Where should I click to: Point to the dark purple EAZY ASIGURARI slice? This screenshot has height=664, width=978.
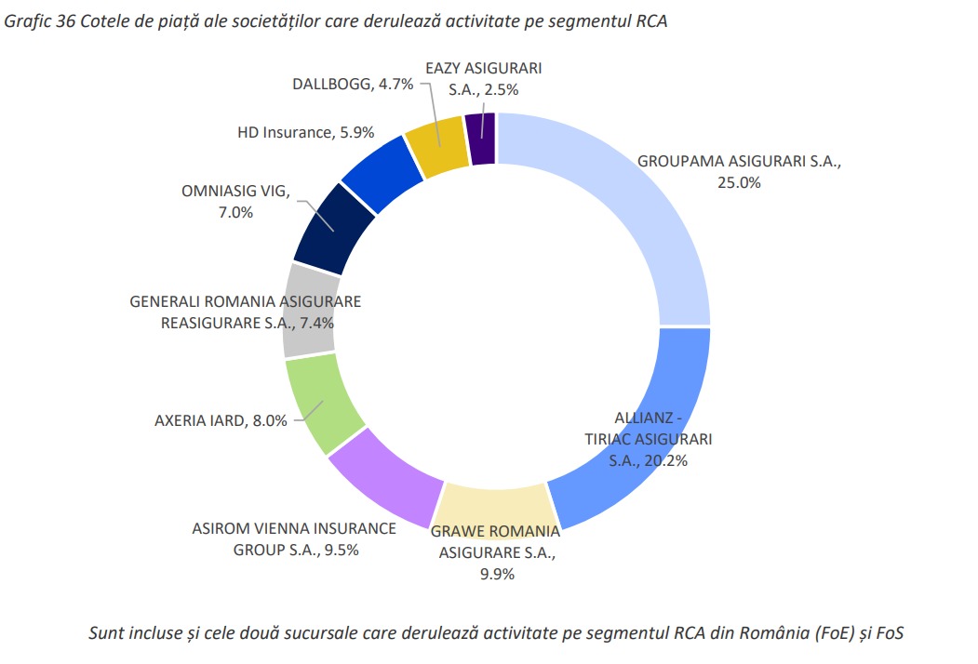[x=480, y=138]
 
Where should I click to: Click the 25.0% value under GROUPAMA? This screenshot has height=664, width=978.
[x=739, y=182]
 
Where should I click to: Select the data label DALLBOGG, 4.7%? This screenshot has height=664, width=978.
[x=340, y=85]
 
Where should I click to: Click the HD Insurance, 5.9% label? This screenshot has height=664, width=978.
[x=305, y=132]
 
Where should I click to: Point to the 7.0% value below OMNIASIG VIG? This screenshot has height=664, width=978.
[x=234, y=212]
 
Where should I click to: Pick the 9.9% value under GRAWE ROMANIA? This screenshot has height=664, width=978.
[x=497, y=574]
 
